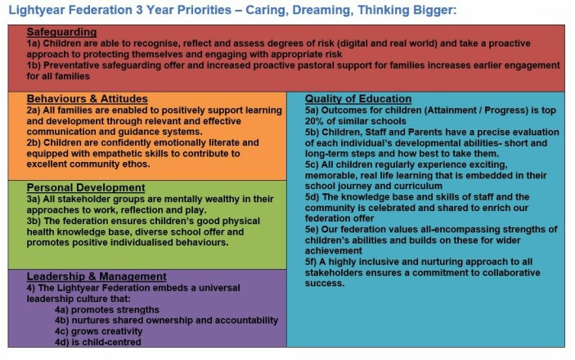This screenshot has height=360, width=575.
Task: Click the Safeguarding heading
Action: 61,32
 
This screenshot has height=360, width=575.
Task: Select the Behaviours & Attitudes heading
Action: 88,99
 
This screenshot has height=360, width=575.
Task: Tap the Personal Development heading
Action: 86,187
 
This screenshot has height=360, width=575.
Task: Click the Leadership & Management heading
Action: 97,277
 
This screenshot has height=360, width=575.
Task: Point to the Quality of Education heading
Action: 358,99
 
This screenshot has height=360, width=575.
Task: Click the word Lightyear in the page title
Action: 37,10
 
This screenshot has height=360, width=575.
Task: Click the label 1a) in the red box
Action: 33,43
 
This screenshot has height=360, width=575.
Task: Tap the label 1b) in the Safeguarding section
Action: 34,65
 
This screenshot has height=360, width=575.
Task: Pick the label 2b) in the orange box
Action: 34,142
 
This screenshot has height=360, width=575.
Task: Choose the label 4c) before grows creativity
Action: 61,331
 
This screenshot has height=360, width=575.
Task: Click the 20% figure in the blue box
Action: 313,121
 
